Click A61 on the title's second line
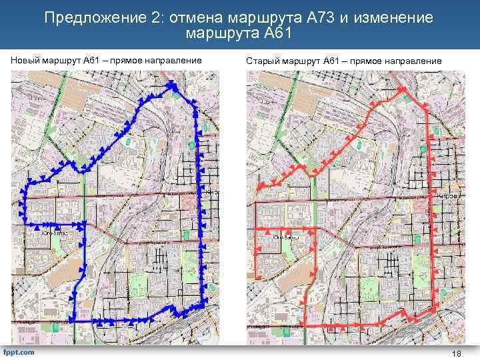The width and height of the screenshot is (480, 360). coord(277,33)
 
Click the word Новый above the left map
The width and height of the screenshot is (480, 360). coord(25,61)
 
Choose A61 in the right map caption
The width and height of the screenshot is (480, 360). coord(331,61)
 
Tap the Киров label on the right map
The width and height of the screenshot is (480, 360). coord(448,197)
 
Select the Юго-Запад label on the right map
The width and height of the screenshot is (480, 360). coord(285,237)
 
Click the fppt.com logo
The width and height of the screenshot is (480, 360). coord(19,351)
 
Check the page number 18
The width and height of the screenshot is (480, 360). coord(457,353)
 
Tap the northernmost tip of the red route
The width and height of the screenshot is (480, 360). coord(402,89)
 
